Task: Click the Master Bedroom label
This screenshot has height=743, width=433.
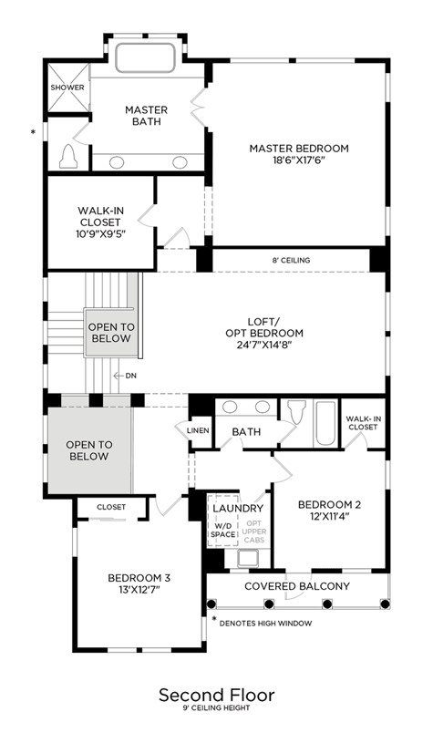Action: tap(299, 149)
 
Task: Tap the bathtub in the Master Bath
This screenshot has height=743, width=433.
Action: tap(146, 58)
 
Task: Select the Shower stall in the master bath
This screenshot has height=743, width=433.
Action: tap(67, 88)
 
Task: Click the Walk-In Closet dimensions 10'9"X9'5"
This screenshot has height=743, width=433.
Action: tap(99, 233)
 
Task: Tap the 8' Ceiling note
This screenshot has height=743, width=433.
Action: tap(292, 260)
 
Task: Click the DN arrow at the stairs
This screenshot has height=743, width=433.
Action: tap(125, 376)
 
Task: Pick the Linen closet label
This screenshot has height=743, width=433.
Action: tap(198, 430)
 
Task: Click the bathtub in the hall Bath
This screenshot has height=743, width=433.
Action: tap(325, 423)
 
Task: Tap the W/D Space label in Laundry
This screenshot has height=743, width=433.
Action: tap(223, 531)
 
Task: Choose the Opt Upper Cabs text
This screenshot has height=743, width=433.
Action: tap(253, 531)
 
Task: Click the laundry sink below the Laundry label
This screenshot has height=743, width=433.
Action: tap(248, 558)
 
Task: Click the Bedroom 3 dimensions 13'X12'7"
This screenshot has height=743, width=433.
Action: tap(139, 590)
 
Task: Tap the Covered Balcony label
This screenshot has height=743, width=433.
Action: tap(297, 586)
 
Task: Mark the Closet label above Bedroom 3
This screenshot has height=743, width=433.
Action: tap(111, 507)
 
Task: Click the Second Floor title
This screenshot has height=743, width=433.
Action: tap(217, 696)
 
